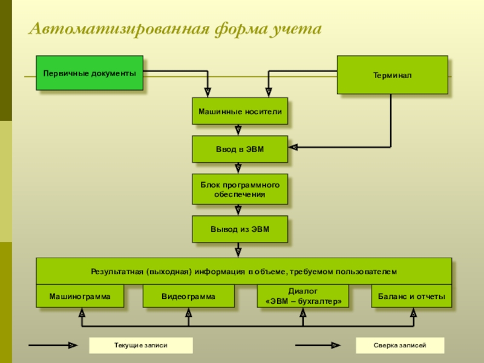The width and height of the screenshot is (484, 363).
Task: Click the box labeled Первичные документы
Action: [x=90, y=73]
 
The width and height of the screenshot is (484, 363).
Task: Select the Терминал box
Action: [x=392, y=75]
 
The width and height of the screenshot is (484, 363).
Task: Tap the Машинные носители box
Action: [x=240, y=111]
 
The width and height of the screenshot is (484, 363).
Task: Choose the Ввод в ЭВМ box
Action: [x=240, y=149]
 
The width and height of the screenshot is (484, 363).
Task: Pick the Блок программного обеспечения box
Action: [x=240, y=189]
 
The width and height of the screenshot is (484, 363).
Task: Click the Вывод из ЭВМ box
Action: [x=240, y=229]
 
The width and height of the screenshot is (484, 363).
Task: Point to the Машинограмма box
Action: [x=80, y=296]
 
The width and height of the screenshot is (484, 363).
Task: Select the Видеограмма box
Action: [x=188, y=296]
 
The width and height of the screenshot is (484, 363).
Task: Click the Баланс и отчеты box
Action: [x=411, y=296]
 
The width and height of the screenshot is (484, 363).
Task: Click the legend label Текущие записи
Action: [x=140, y=345]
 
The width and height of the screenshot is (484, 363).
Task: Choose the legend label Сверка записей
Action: [x=399, y=345]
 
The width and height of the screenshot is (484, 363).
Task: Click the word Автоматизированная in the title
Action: [x=119, y=30]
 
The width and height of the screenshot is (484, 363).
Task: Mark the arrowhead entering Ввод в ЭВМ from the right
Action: [x=293, y=147]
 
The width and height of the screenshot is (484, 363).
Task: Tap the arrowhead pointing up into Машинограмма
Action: [x=81, y=313]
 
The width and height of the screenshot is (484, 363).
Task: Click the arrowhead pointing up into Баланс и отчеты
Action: [x=413, y=313]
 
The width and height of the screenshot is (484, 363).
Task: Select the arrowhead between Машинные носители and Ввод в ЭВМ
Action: [x=238, y=129]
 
